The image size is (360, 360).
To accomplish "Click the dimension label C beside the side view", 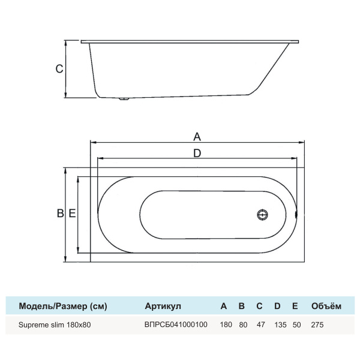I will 59,69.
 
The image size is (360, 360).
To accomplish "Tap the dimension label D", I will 196,153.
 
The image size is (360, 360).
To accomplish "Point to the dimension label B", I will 59,214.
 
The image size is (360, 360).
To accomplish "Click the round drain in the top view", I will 262,214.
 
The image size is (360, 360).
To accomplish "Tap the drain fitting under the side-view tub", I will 124,99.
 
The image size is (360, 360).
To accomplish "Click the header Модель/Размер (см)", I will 63,306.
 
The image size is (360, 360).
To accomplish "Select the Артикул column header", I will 163,306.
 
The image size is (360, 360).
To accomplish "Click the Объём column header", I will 326,306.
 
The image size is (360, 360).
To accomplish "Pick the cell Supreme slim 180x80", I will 56,325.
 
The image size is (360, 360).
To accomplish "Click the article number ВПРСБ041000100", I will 176,325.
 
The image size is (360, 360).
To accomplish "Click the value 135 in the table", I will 278,325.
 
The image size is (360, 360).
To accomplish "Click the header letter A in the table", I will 224,306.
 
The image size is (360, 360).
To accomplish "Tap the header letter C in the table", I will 259,306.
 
